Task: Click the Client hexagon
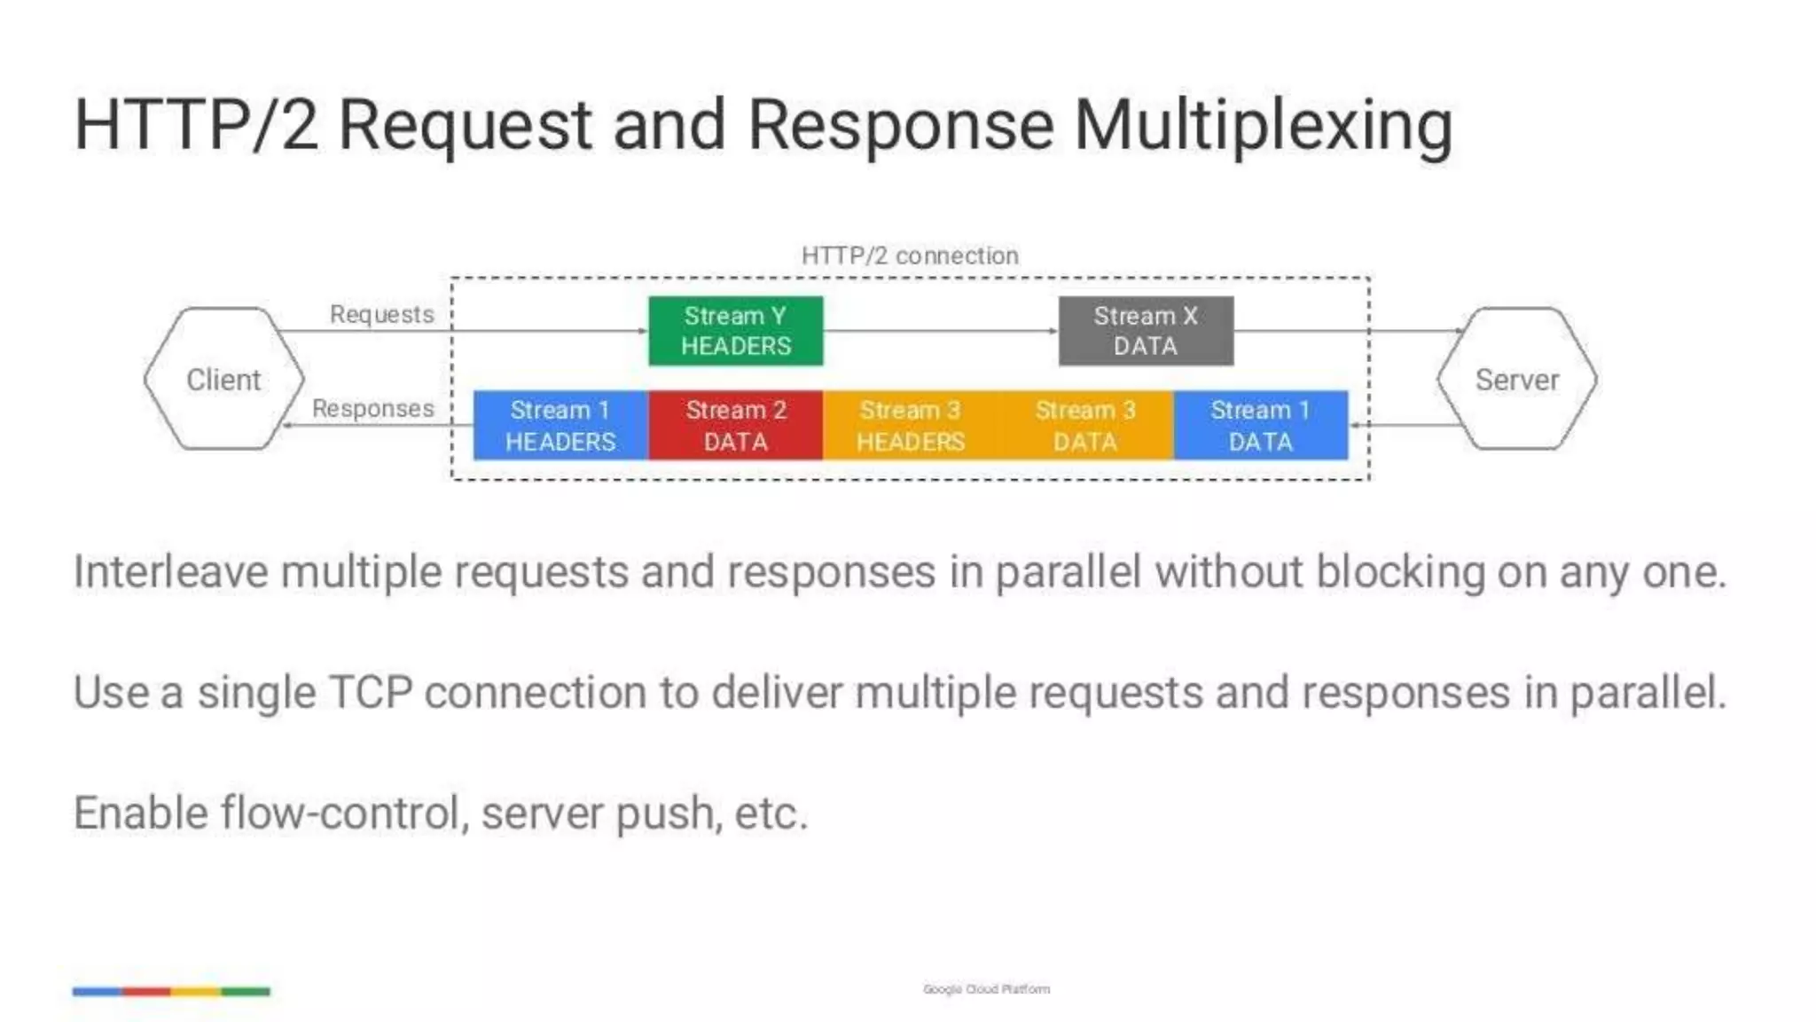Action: [223, 379]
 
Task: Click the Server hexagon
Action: [1516, 379]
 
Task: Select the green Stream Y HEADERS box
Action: [735, 331]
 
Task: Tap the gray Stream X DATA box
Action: [1146, 331]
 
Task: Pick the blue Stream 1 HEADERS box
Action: [560, 425]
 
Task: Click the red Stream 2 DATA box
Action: [735, 425]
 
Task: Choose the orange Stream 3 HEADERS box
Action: [910, 425]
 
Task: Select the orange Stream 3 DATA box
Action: [1085, 425]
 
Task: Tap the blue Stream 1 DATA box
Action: [1260, 425]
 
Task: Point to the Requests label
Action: [381, 314]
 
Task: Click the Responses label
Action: [372, 408]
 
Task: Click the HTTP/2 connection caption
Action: [910, 255]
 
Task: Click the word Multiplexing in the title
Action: [1263, 126]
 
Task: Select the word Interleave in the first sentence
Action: [169, 571]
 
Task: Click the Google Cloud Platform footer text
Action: [986, 988]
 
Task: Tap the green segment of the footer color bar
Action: [246, 991]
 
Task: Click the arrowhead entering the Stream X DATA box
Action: [1053, 331]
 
